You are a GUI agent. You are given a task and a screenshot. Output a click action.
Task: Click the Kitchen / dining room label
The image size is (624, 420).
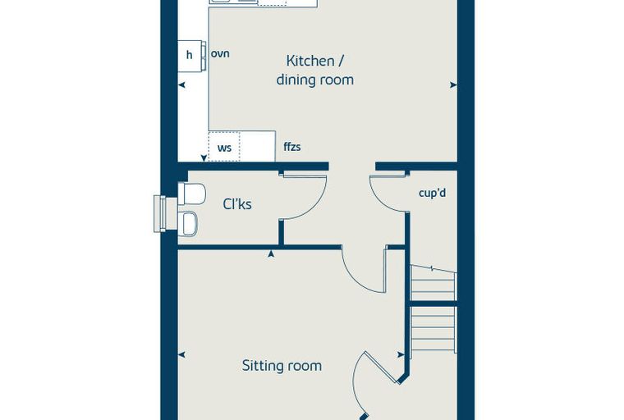[x=314, y=71]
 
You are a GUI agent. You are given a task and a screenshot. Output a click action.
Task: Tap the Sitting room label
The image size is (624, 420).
[x=282, y=366]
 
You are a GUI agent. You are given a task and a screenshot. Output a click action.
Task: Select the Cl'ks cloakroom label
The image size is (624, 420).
[x=237, y=204]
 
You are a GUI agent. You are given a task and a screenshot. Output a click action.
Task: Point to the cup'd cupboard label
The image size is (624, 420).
[x=432, y=193]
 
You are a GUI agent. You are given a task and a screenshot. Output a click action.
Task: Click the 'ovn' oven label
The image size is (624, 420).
[x=220, y=53]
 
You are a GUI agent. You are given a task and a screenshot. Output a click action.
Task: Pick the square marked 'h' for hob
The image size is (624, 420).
[x=190, y=56]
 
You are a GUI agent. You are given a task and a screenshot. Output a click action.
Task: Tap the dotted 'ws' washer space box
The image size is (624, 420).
[x=224, y=146]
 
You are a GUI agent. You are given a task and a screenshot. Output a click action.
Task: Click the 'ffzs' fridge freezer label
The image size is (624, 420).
[x=292, y=147]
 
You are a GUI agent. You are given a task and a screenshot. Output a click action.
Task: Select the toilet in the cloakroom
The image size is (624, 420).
[x=191, y=194]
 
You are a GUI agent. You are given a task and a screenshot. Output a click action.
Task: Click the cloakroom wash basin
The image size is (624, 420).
[x=187, y=223]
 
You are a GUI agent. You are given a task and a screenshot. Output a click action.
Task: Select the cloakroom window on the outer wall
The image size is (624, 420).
[x=159, y=213]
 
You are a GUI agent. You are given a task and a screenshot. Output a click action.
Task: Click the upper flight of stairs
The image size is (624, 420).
[x=434, y=283]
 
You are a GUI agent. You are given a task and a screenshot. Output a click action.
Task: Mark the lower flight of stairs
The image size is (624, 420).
[x=434, y=328]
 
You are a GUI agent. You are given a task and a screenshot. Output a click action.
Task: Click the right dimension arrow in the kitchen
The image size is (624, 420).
[x=453, y=84]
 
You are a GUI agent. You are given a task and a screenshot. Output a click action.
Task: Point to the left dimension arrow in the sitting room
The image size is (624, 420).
[x=181, y=354]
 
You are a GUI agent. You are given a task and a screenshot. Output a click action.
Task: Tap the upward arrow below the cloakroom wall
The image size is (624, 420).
[x=271, y=253]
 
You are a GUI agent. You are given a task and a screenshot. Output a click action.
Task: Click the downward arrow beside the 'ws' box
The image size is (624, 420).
[x=204, y=157]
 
